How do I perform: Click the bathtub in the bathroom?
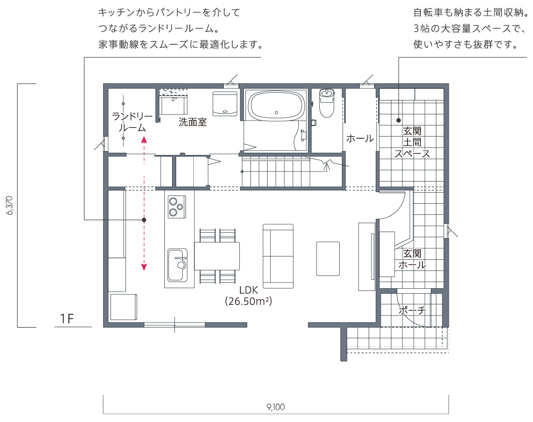point(276,105)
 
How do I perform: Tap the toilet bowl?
point(327,103)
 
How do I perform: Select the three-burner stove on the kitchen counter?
point(177,207)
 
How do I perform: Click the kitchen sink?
point(177,265)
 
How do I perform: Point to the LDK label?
point(249,290)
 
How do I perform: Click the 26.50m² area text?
point(249,302)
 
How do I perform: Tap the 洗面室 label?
point(193,122)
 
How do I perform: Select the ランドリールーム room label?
point(132,122)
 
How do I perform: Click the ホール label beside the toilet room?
point(360,138)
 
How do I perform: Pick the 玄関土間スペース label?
point(412,142)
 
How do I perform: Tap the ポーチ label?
point(412,310)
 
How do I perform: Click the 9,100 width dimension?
point(276,406)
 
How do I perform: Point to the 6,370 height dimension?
point(10,205)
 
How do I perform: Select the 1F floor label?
point(67,319)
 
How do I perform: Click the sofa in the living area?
point(278,256)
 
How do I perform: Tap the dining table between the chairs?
point(217,256)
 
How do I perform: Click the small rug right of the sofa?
point(328,258)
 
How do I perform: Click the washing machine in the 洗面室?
point(225,104)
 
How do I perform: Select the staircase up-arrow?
point(327,166)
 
